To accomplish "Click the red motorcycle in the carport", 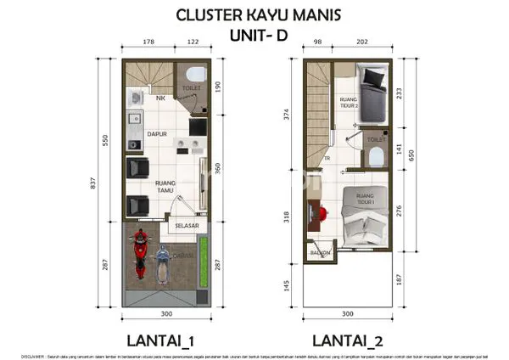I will (139, 256).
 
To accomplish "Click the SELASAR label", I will (186, 226).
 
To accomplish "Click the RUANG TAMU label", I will (165, 184).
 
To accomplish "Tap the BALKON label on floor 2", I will (320, 253).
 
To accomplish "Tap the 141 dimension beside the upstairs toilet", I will (400, 147).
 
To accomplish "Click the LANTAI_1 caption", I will (161, 340).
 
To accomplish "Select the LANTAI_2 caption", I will (349, 340).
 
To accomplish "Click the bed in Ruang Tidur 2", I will (374, 85).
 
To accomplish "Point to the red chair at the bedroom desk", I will (323, 209).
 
